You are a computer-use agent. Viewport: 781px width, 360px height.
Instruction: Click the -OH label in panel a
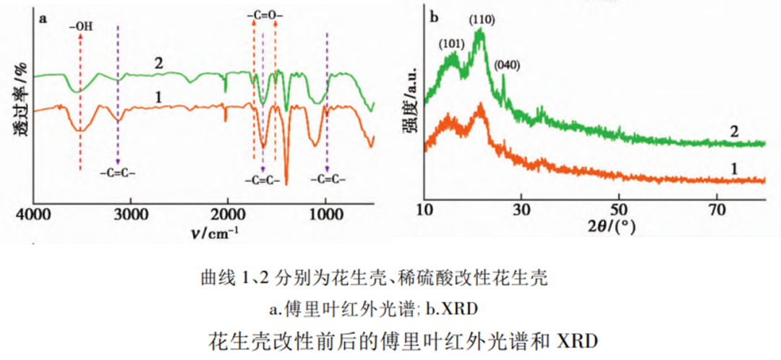[x=82, y=28]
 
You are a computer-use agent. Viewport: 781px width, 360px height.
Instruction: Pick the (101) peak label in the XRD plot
[x=451, y=43]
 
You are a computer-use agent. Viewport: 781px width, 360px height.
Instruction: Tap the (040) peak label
[x=506, y=65]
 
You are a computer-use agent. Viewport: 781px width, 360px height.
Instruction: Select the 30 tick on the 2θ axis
[x=521, y=210]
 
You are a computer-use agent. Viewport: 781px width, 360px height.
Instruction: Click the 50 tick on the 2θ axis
[x=618, y=210]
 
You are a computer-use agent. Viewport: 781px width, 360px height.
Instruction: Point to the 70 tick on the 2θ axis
[x=717, y=210]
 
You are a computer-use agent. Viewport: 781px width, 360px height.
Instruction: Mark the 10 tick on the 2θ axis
[x=424, y=210]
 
